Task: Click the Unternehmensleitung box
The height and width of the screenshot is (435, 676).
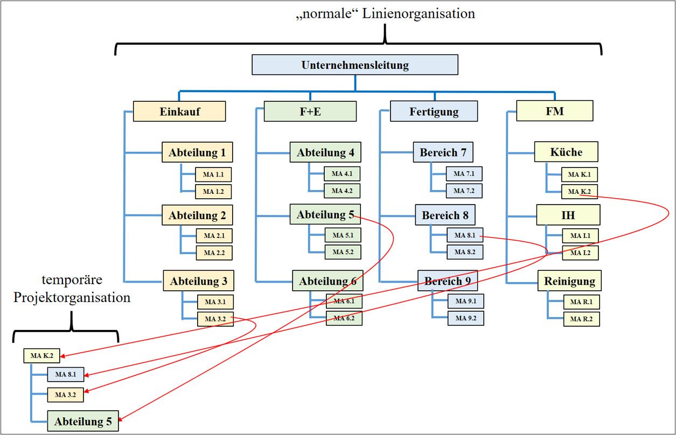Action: [355, 65]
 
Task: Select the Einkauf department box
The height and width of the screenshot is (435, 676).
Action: [179, 111]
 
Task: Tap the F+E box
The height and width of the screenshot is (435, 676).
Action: [310, 111]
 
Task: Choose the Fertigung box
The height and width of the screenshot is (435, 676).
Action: [434, 111]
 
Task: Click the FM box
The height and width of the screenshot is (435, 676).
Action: [555, 111]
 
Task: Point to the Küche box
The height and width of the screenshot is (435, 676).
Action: [566, 152]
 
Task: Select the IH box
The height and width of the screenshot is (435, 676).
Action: [568, 215]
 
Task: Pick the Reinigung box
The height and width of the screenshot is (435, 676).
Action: [569, 280]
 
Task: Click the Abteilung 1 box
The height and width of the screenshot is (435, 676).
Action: [197, 152]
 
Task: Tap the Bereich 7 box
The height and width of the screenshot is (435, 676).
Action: [443, 152]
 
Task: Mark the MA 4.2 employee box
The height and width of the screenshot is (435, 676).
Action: [342, 191]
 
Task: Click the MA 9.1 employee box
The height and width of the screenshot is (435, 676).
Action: [465, 301]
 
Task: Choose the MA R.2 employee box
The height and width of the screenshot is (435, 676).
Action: [582, 319]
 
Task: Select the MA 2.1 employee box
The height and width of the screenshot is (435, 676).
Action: [214, 236]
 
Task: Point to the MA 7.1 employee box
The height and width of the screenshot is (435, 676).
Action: [464, 174]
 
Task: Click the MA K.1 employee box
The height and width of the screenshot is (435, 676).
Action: [580, 174]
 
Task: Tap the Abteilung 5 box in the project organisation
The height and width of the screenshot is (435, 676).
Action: [83, 421]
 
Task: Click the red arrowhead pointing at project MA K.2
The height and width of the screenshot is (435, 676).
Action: [63, 356]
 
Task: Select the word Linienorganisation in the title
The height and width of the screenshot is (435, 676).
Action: [419, 14]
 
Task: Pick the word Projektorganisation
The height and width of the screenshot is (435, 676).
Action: [72, 297]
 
